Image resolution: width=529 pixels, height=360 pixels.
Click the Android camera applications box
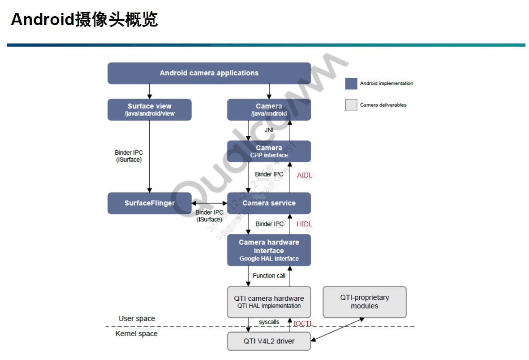point(209,73)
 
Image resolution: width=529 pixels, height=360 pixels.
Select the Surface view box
point(150,109)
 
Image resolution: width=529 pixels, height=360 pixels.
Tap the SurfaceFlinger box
point(150,203)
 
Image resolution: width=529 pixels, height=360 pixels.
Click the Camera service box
point(269,203)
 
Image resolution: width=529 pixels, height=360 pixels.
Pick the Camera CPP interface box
point(269,151)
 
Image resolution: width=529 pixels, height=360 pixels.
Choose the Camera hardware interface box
point(269,250)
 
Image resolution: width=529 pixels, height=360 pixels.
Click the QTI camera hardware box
point(269,302)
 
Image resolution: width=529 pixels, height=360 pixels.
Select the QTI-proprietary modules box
point(365,302)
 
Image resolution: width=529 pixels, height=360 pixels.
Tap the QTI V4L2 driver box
point(269,341)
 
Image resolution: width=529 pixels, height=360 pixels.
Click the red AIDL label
point(304,175)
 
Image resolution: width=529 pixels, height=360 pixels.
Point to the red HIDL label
point(304,224)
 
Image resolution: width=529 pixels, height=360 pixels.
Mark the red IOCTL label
point(303,323)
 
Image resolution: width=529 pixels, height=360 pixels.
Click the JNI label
point(269,130)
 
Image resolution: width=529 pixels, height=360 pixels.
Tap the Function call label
point(269,276)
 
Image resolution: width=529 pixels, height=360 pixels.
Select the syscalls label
point(269,322)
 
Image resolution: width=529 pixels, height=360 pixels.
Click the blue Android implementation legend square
point(351,83)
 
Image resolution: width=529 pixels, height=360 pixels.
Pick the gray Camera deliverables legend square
point(351,105)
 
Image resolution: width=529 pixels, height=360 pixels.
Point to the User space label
point(137,319)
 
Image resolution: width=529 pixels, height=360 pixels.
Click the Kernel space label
point(136,334)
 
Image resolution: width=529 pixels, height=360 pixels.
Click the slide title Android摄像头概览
point(84,20)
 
